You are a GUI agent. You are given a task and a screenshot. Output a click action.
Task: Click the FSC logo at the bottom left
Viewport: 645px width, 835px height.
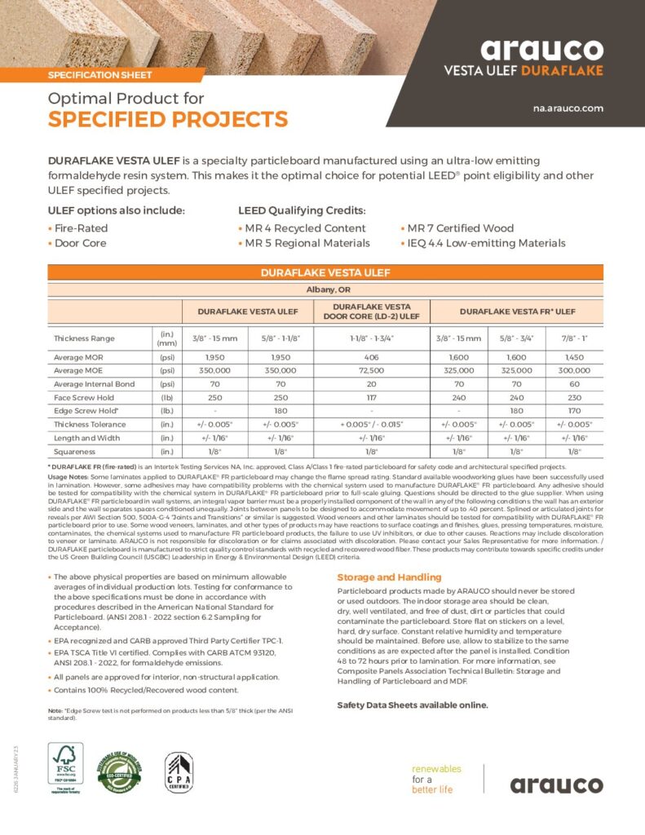(65, 773)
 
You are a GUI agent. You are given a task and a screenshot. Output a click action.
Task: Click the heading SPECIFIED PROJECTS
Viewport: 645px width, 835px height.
(168, 120)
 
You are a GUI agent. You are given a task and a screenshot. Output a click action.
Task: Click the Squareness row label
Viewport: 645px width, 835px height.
(74, 450)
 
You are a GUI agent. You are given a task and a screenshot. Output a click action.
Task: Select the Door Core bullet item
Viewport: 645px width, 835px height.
(80, 243)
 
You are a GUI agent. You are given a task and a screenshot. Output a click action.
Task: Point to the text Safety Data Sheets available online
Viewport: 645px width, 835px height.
(413, 705)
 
